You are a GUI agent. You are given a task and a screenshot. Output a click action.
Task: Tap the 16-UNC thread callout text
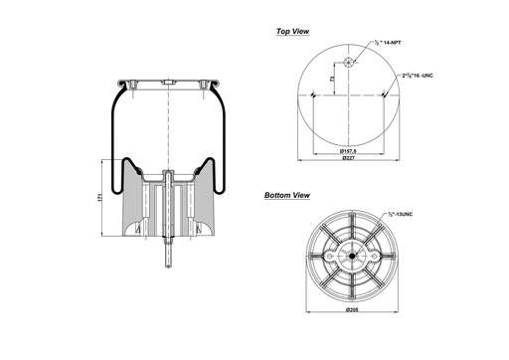pos(416,76)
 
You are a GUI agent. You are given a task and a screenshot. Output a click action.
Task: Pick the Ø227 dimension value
pos(348,159)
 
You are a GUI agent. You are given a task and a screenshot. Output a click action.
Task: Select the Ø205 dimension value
pos(348,311)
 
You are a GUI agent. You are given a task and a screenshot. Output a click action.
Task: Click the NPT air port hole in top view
pos(348,63)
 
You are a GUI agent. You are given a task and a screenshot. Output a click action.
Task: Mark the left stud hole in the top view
pos(313,95)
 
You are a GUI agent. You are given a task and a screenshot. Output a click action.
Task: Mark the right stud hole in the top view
pos(383,95)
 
